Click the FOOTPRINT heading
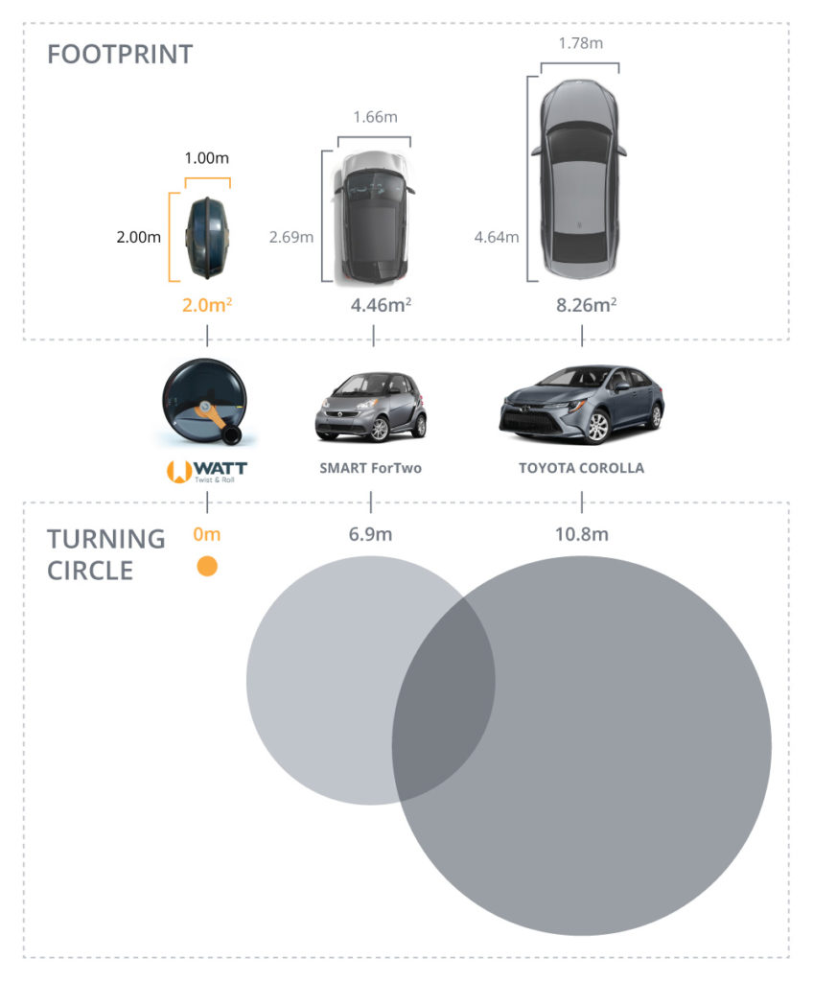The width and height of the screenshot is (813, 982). point(120,55)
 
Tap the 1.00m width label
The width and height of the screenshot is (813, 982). point(207,158)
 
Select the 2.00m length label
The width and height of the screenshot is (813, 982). point(138,237)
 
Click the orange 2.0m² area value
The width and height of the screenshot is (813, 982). point(207,305)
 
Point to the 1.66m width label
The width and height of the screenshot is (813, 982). point(375,117)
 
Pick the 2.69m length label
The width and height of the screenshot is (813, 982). point(291,237)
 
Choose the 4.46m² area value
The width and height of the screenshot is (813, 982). point(381,305)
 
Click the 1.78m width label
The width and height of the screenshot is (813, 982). point(581,43)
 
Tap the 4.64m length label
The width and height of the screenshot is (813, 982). point(497,237)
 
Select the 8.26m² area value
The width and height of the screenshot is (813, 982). point(587,305)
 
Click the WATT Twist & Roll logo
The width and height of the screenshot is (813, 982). point(207,472)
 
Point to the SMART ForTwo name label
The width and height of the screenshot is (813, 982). point(370,468)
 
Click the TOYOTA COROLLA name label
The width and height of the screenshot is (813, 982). point(581,468)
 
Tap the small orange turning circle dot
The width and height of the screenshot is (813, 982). point(207,566)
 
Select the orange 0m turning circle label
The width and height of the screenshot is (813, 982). point(207,534)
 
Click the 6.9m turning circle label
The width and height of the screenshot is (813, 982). point(370,534)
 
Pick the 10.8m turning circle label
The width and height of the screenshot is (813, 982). point(581,534)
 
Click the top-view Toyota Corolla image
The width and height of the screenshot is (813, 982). point(579,178)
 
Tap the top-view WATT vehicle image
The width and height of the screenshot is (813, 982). point(207,238)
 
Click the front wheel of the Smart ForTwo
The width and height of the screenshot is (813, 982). point(380,429)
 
